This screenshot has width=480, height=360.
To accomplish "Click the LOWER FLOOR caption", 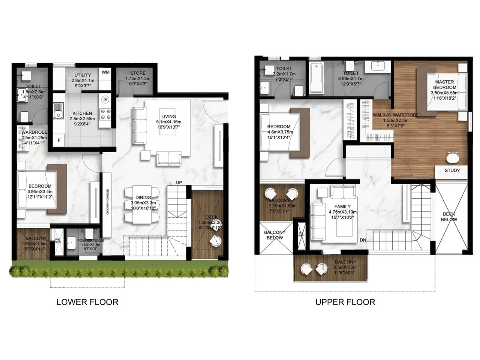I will pos(87,302).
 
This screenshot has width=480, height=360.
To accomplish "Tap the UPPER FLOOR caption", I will pos(345,302).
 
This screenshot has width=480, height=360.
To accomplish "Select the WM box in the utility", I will pos(105,72).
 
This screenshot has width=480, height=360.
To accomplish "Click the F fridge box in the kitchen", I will pos(59,140).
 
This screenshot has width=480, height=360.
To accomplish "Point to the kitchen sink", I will pos(58,111).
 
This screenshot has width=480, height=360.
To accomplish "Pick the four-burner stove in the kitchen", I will pos(106,114).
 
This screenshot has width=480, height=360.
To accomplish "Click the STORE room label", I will pos(138,73).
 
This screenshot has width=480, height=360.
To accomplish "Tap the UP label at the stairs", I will pos(179,182).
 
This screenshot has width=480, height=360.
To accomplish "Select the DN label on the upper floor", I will pos(363,240).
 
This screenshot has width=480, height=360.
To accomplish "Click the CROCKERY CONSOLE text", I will pos(107,202).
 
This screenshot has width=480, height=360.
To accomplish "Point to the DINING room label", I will pos(143,197).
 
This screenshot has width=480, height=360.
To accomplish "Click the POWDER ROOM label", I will pos(90,241).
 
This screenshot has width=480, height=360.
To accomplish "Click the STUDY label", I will pos(452,170).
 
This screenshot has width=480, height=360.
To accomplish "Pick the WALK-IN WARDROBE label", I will pos(395,115).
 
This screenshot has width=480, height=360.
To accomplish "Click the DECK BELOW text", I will pos(449,217).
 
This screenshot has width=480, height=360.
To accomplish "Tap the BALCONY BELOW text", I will pos(274,235).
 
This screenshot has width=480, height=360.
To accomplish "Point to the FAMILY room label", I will pos(342,206).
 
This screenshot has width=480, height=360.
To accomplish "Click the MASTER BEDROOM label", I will pos(444,84).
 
